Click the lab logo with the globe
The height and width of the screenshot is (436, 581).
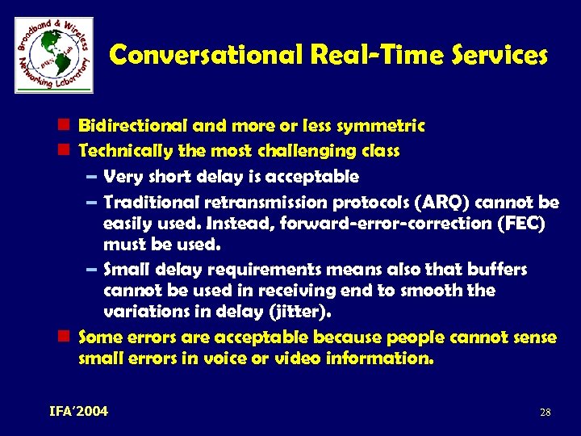(x=54, y=54)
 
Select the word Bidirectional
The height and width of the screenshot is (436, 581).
(x=133, y=126)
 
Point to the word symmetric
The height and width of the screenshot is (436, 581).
(x=382, y=126)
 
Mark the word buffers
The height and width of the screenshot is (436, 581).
(x=497, y=269)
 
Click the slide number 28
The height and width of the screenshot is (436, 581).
(x=545, y=413)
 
